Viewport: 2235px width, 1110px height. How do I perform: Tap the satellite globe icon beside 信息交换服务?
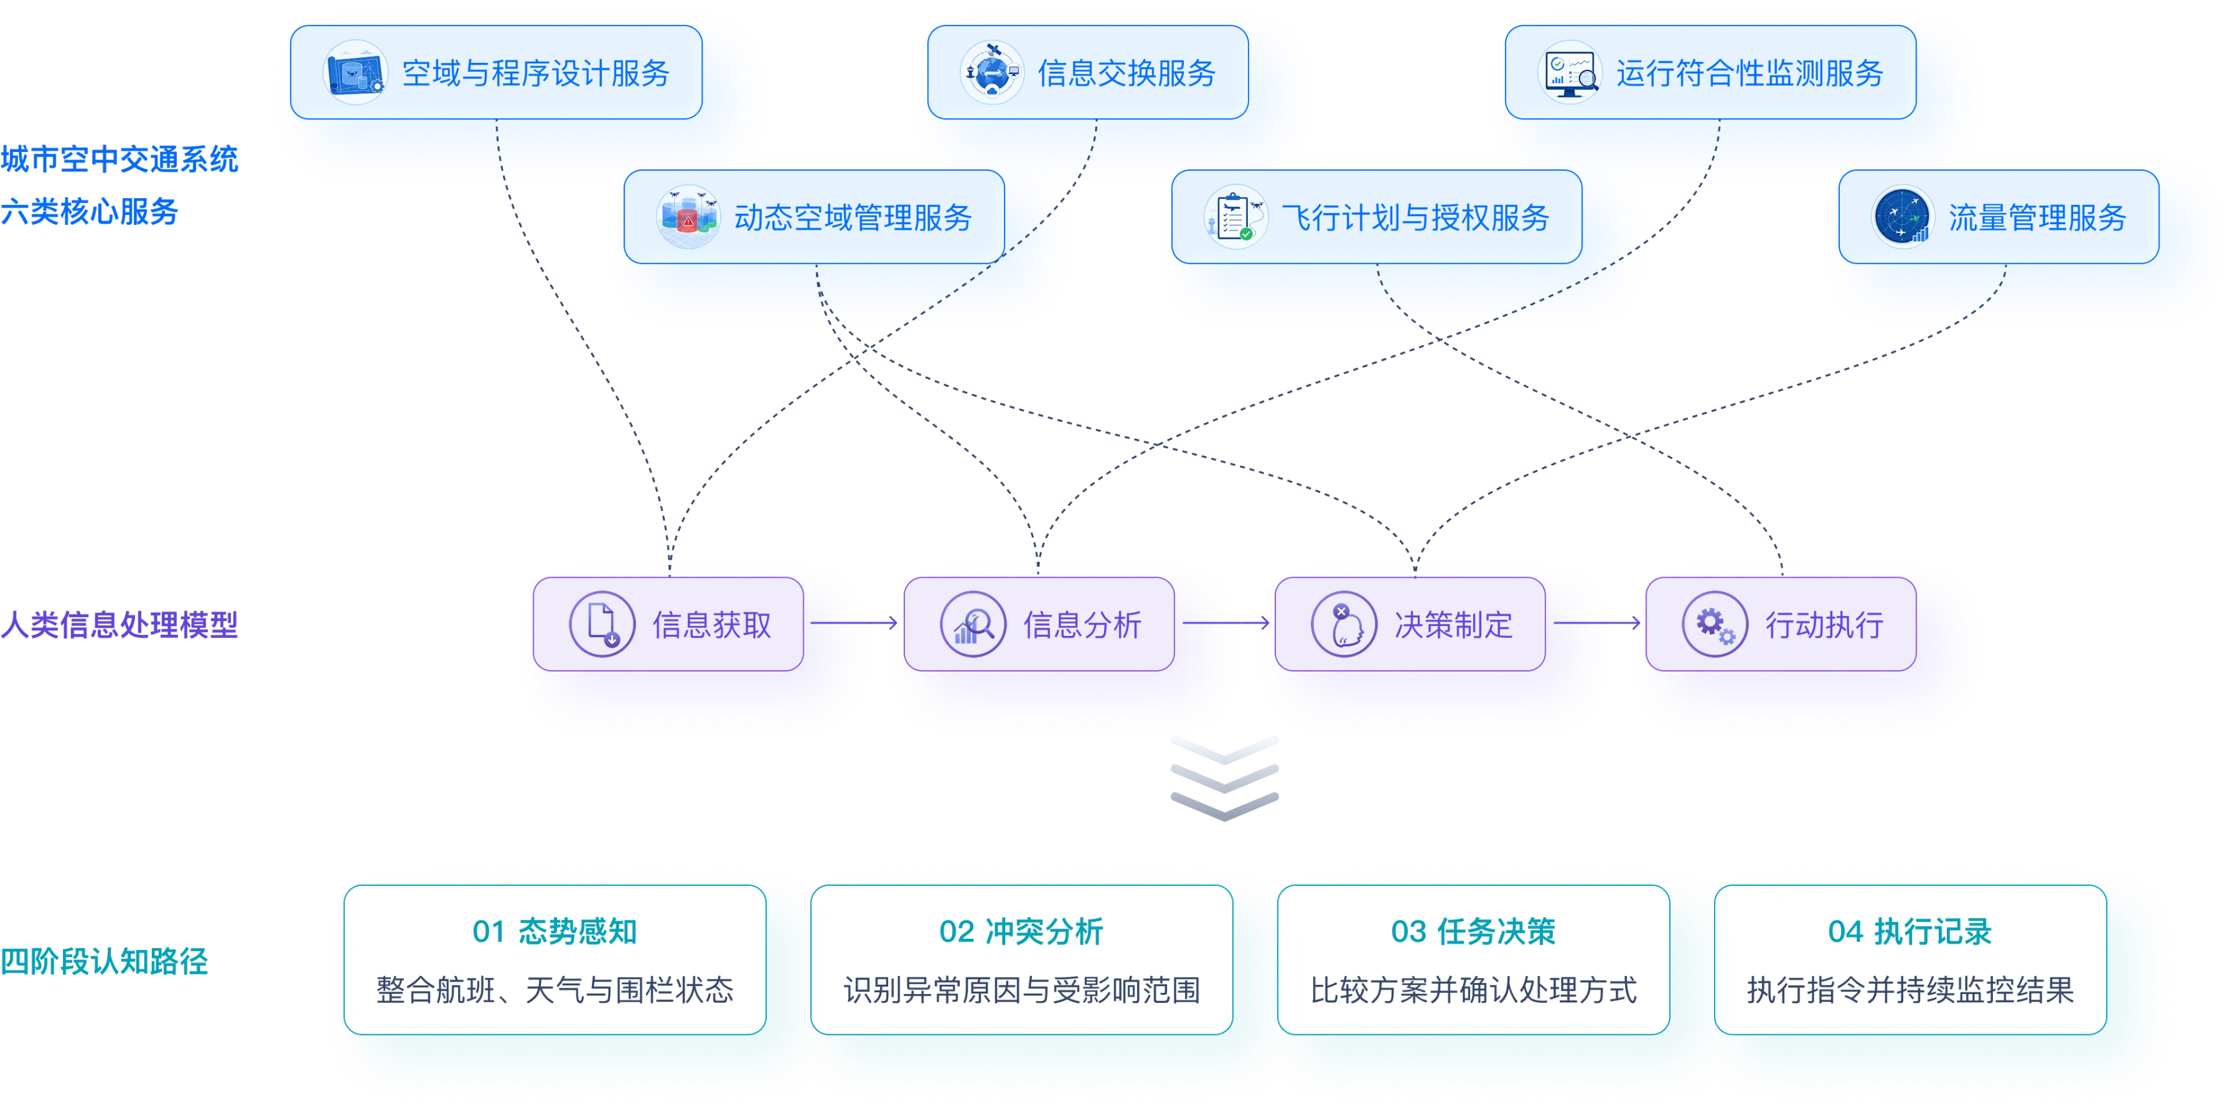pos(992,73)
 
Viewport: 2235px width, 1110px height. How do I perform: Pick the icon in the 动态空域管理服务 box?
pos(688,217)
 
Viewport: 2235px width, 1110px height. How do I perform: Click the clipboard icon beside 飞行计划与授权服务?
pos(1236,217)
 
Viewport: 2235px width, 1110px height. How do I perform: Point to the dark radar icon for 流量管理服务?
pos(1903,217)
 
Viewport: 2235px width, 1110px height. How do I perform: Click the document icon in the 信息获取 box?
pos(602,624)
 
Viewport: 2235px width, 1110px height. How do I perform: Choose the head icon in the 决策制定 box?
pos(1344,624)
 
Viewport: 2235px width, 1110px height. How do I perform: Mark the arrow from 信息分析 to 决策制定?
pos(1226,622)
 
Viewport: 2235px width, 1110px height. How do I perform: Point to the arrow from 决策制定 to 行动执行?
pos(1597,622)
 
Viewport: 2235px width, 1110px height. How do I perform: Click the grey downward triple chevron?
pos(1224,779)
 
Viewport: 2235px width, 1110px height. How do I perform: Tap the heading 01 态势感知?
pos(555,931)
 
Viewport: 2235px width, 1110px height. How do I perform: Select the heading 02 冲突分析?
pos(1021,931)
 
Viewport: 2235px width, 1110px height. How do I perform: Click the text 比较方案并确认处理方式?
pos(1473,989)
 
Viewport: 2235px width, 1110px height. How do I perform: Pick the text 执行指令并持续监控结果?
pos(1910,989)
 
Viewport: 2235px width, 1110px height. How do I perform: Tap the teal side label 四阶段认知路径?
pos(104,961)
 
